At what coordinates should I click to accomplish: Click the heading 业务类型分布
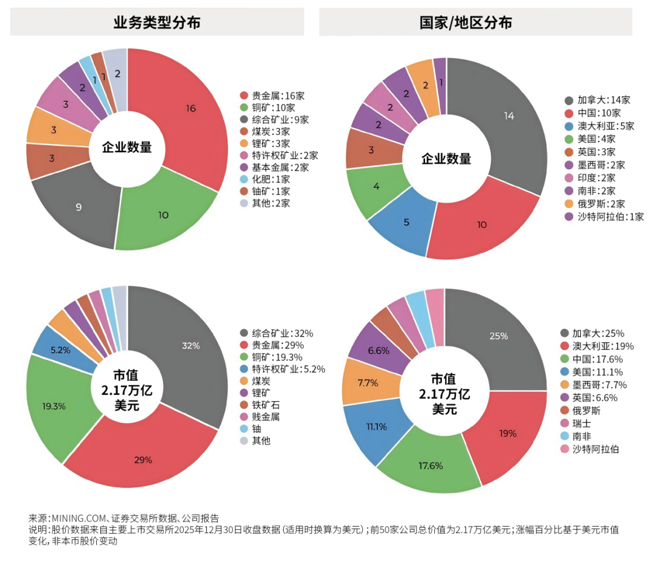tap(157, 22)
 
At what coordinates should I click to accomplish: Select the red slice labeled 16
tap(190, 109)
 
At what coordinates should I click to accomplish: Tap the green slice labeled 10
tap(163, 215)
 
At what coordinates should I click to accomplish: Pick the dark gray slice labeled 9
tap(79, 207)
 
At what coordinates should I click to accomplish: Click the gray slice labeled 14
tap(508, 116)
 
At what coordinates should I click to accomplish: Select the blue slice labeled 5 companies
tap(406, 222)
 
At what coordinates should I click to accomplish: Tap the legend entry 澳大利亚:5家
tap(597, 126)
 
